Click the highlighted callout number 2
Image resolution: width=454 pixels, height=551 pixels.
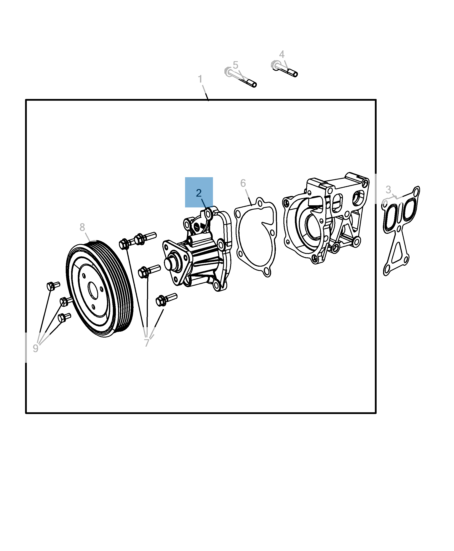[199, 193]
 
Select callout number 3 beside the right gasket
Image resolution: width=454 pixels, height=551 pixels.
[388, 190]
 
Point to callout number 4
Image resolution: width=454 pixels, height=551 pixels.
[282, 54]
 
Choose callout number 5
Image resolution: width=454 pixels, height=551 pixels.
[235, 65]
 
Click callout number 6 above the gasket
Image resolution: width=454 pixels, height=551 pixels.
[243, 183]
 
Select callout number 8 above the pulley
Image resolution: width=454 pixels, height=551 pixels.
[82, 227]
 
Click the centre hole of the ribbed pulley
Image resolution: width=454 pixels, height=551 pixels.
[93, 290]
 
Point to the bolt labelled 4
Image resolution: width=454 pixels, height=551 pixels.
[284, 69]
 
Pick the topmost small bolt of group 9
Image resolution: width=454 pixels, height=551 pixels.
[53, 286]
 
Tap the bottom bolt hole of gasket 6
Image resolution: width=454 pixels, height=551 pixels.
[267, 272]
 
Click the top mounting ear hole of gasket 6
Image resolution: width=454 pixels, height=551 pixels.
[259, 203]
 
